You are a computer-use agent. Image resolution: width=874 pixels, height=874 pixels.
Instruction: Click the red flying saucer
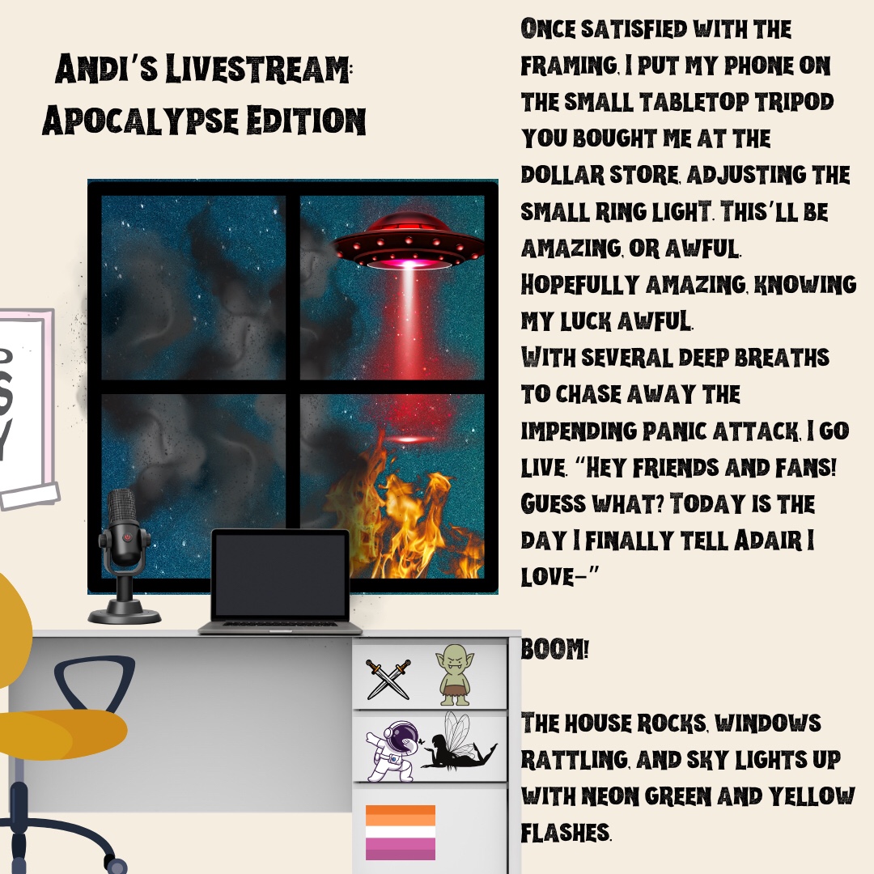(x=409, y=241)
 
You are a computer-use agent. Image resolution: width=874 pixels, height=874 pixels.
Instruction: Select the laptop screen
(x=280, y=574)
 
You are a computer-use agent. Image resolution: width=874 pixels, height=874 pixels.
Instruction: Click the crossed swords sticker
(x=388, y=679)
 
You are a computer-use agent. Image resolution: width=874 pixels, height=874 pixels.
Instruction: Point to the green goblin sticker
(x=455, y=675)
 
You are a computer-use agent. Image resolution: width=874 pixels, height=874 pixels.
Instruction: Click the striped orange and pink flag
(x=401, y=832)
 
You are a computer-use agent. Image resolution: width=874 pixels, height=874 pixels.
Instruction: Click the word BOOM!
(x=554, y=649)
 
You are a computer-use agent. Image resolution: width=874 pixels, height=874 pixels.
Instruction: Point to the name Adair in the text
(x=768, y=540)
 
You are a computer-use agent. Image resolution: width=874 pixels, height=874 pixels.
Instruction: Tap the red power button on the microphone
(x=128, y=537)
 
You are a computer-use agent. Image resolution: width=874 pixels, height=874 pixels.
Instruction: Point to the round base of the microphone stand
(x=125, y=615)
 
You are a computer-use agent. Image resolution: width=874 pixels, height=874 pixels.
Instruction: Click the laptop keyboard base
(x=280, y=627)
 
